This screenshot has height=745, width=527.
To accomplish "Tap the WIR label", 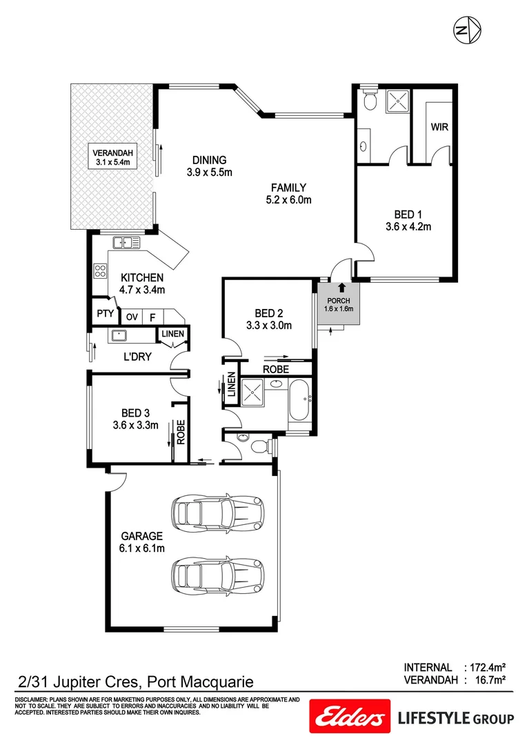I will point(439,128).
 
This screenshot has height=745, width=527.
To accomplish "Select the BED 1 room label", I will point(408,214).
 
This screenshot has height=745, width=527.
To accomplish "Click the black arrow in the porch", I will point(339,288).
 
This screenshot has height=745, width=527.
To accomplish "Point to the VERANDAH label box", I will point(113,157).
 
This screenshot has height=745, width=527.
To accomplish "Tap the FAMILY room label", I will point(288,187).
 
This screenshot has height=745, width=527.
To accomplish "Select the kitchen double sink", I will point(124,243).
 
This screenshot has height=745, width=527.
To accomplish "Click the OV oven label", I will point(132,317).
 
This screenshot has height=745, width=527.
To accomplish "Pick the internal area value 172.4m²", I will point(487,668).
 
